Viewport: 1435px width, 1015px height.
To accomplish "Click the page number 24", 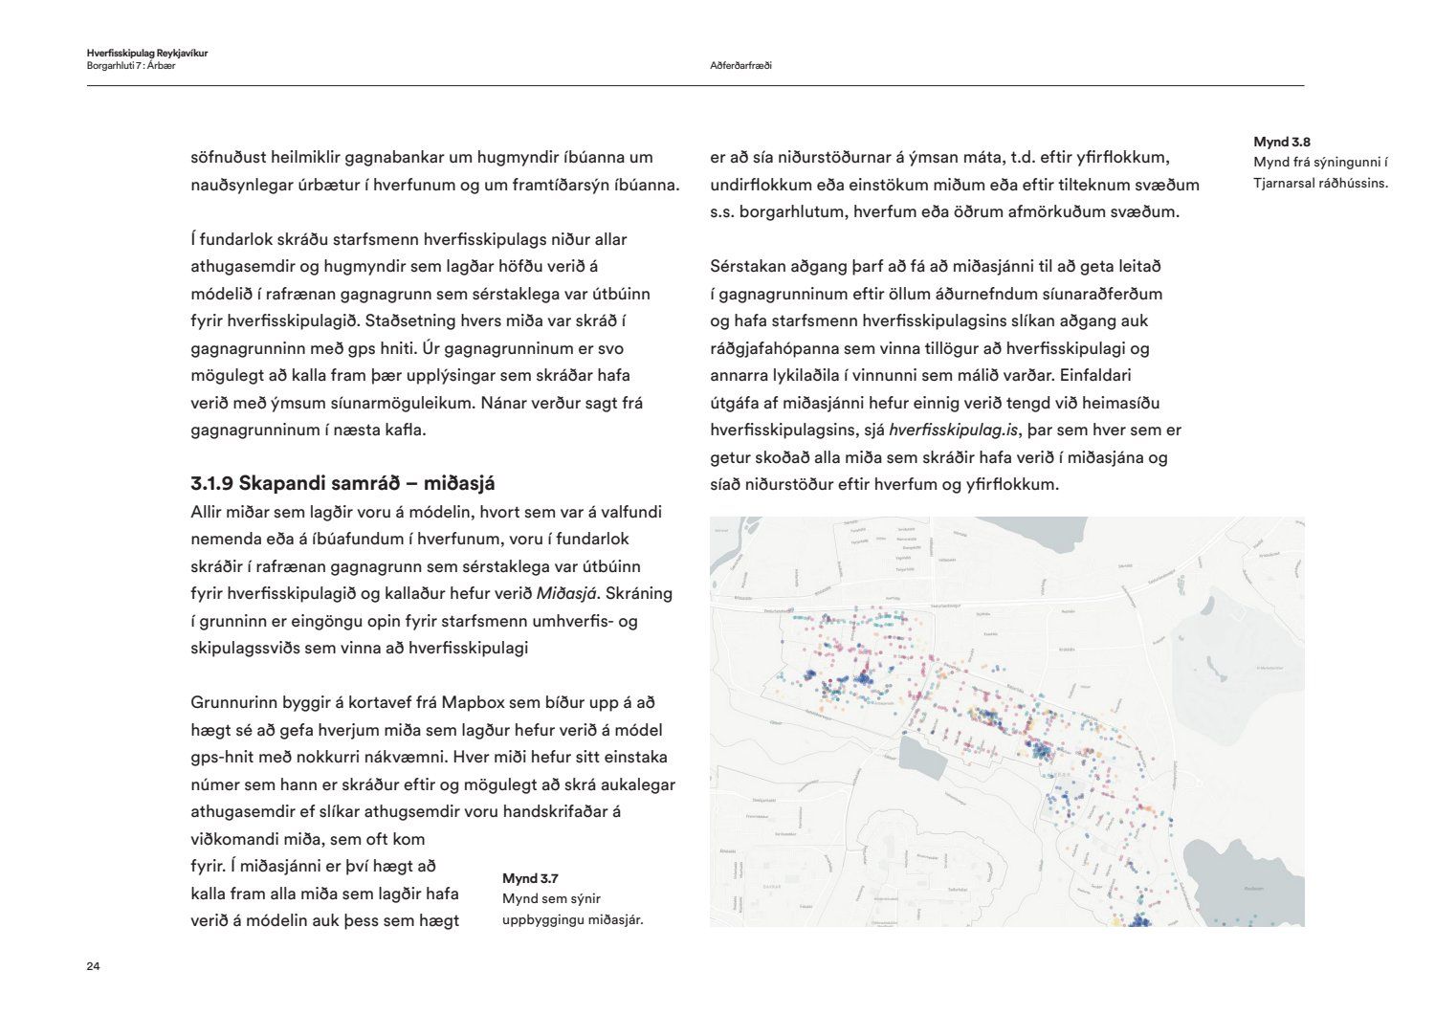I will point(93,966).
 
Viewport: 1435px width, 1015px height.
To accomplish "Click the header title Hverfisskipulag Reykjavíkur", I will point(146,54).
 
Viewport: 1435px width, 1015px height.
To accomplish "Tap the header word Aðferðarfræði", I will point(740,66).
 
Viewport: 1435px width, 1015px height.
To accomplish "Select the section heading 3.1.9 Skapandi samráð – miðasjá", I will point(342,483).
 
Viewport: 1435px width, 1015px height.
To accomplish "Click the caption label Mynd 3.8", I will point(1282,143).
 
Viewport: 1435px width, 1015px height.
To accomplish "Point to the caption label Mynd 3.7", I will point(530,878).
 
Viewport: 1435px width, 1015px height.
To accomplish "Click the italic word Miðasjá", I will point(566,593).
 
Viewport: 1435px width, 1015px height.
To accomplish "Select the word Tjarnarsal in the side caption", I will point(1291,183).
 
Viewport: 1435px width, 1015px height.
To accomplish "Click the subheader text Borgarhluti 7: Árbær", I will point(131,66).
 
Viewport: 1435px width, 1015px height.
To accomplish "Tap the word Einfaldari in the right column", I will point(1095,375).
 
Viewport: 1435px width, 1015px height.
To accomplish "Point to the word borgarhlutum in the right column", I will point(783,211).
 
